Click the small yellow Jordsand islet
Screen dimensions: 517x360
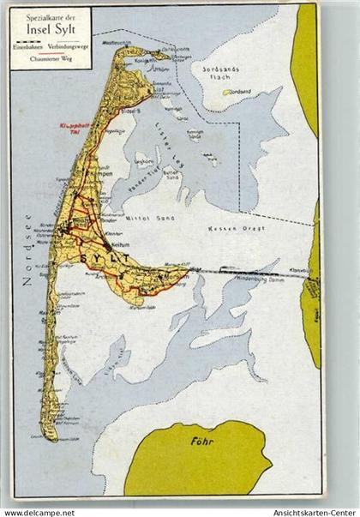227,92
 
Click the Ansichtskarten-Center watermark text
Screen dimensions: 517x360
311,508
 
